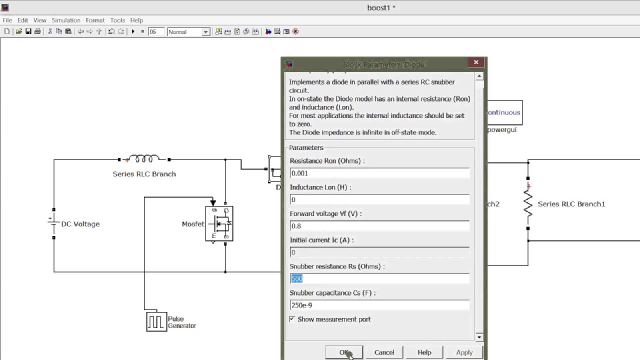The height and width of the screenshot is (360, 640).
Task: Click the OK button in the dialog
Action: point(343,352)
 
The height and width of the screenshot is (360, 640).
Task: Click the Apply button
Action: point(464,352)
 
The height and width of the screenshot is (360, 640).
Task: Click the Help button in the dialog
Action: point(424,352)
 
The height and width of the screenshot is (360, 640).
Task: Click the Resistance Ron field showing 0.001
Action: point(379,173)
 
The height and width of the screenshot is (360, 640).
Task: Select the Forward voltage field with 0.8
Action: point(379,226)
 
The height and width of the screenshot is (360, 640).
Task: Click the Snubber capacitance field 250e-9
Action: point(379,305)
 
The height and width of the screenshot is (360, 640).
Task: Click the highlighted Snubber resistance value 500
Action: point(297,279)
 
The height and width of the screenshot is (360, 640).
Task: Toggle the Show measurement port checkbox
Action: point(292,319)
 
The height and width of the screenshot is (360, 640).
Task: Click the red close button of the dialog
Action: point(476,62)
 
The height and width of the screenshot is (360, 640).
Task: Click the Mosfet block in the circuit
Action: point(219,223)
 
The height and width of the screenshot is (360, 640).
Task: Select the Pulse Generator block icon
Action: point(156,321)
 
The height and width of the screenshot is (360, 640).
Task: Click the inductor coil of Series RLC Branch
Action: point(144,159)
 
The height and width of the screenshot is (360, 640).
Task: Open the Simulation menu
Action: point(66,20)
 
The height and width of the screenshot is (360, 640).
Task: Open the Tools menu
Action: point(117,20)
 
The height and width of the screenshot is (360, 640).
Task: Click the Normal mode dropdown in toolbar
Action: point(188,32)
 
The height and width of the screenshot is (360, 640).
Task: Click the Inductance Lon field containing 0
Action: point(379,200)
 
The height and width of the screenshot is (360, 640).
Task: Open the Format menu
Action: point(95,20)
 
